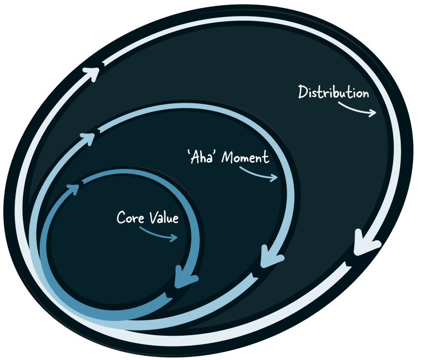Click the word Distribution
point(334,92)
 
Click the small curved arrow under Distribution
point(358,109)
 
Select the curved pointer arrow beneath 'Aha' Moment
point(259,175)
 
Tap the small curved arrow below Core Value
point(159,235)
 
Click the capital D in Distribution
point(304,92)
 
